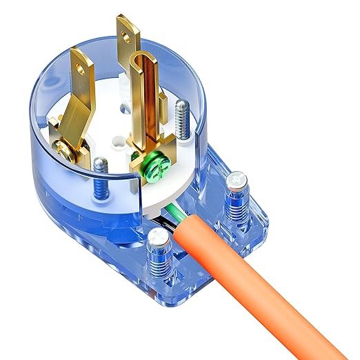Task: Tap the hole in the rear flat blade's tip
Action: [126, 30]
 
